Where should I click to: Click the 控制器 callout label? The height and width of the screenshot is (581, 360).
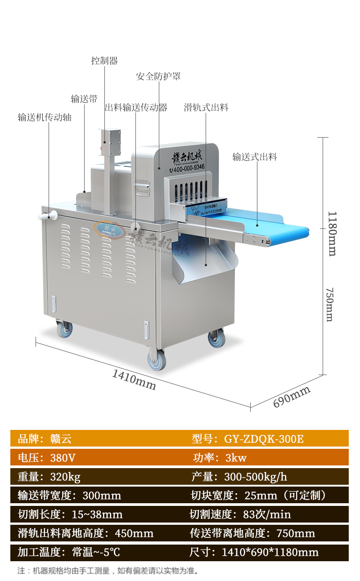click(104, 61)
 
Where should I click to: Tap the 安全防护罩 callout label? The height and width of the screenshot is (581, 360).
click(158, 76)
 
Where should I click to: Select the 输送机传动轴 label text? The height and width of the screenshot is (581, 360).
click(45, 117)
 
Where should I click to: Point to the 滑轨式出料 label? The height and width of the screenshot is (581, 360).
click(206, 107)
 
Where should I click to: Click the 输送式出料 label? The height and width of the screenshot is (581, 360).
click(255, 157)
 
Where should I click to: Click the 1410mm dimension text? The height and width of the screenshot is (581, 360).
click(134, 380)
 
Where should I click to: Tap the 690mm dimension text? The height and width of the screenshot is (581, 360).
click(292, 397)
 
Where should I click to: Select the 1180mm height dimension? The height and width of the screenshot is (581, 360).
click(332, 234)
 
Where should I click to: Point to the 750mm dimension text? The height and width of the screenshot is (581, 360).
click(330, 304)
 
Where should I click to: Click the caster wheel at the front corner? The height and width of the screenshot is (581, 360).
click(157, 360)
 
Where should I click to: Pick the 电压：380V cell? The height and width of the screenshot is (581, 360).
click(47, 458)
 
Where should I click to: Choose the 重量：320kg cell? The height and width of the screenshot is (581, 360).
click(49, 477)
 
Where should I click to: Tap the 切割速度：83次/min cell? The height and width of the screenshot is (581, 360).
click(240, 514)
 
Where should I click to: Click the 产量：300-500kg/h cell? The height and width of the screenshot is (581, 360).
click(239, 477)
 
